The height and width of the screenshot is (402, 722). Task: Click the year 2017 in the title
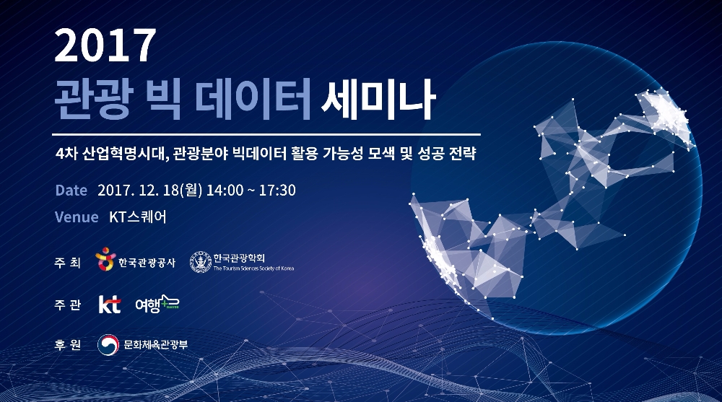(x=105, y=48)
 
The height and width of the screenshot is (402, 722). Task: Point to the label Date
(x=71, y=191)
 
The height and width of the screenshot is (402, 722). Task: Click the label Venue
(x=77, y=217)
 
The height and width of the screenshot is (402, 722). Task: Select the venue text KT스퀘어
(x=138, y=217)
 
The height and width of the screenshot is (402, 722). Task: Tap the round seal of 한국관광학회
(x=200, y=262)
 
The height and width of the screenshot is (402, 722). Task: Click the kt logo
(x=109, y=305)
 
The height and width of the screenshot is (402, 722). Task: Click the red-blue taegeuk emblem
(x=108, y=345)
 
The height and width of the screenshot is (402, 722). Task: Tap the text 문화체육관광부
(x=155, y=345)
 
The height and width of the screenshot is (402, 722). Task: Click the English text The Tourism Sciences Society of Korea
(x=253, y=268)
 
